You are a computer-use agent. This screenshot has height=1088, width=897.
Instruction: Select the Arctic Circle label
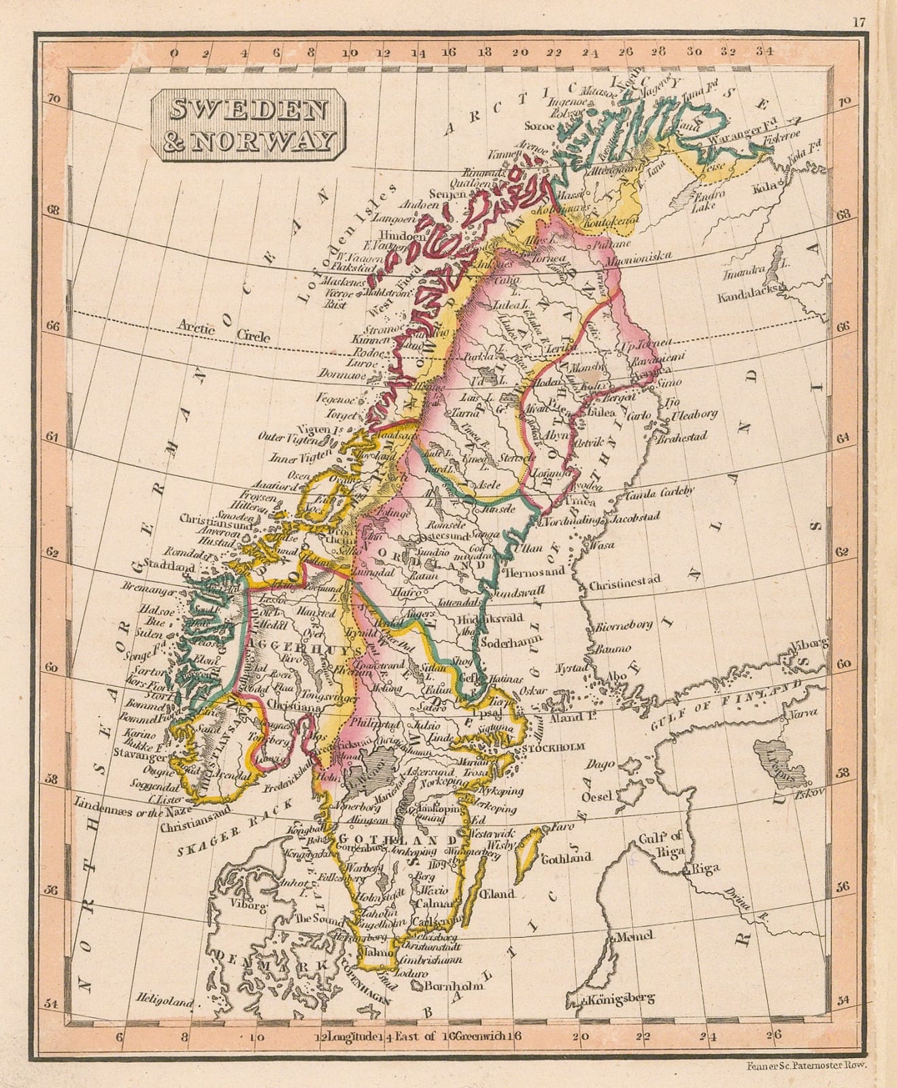click(x=224, y=333)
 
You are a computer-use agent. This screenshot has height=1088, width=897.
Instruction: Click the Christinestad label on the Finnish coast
click(x=625, y=583)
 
